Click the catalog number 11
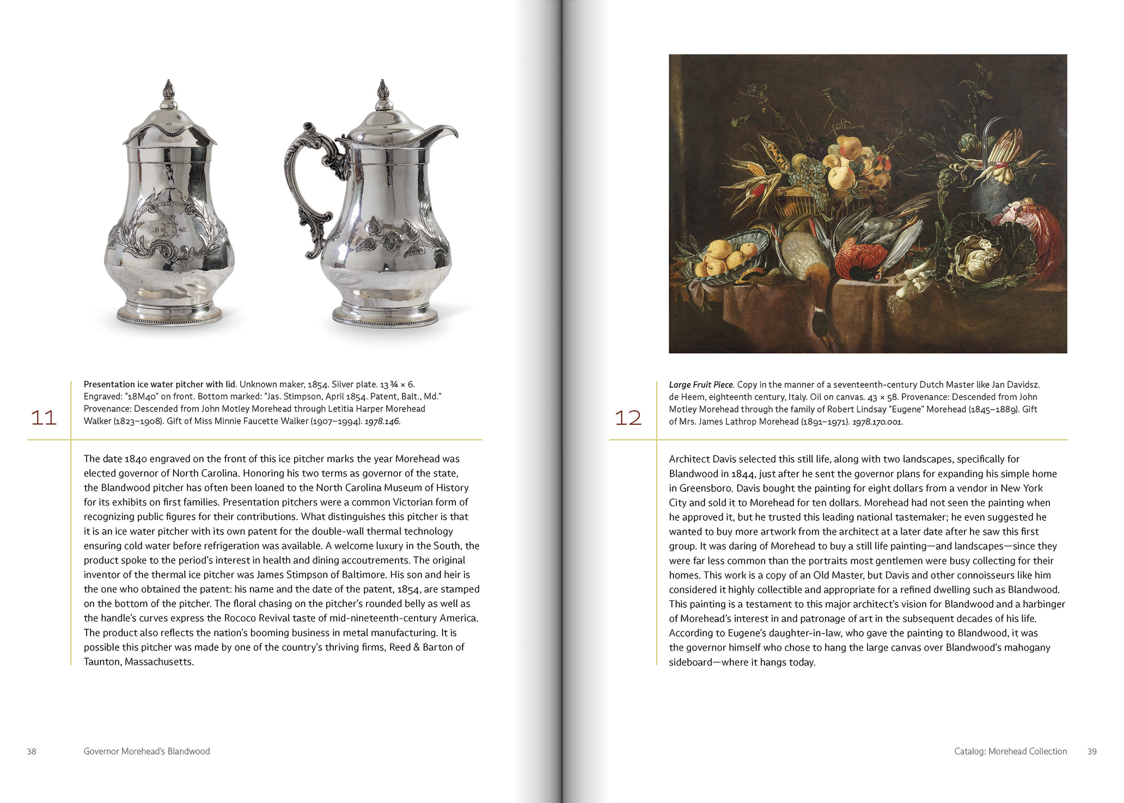pos(44,418)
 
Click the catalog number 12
pos(628,418)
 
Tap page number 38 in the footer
pos(32,751)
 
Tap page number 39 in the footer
pos(1092,751)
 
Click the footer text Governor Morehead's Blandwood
pos(146,751)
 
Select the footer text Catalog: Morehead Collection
pos(1010,751)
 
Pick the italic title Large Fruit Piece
pos(701,385)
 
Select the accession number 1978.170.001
pos(877,422)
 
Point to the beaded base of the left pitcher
pos(169,315)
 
